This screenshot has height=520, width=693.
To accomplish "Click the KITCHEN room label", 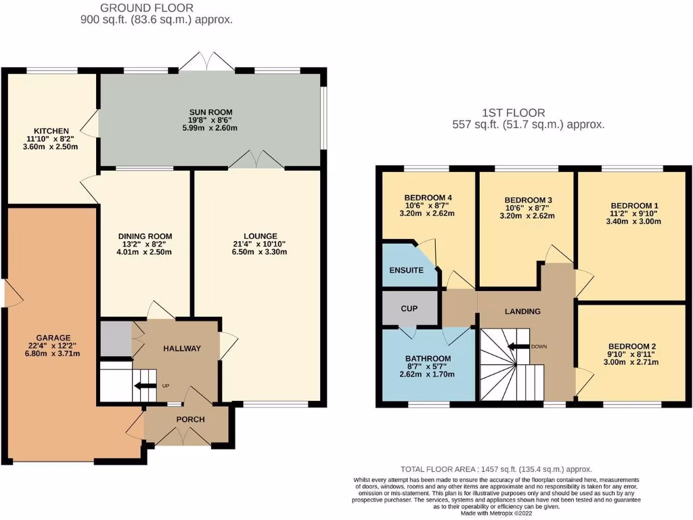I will click(x=52, y=131).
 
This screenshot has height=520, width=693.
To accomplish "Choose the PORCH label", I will click(x=190, y=419).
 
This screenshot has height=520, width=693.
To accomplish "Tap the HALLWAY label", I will click(x=182, y=348).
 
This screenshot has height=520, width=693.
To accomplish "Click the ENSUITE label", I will click(x=406, y=270).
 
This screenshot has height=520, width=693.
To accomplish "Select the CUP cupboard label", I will click(x=409, y=309).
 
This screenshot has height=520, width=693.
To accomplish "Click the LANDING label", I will click(x=523, y=311).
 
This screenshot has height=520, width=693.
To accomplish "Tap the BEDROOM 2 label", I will click(x=632, y=345).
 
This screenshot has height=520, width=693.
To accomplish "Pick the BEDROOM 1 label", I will click(x=634, y=206).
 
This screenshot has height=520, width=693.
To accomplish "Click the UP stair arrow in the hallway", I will click(x=144, y=387).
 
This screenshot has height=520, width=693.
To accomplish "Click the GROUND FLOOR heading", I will click(x=147, y=8).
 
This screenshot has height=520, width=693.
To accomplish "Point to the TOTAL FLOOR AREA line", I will click(x=496, y=469).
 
